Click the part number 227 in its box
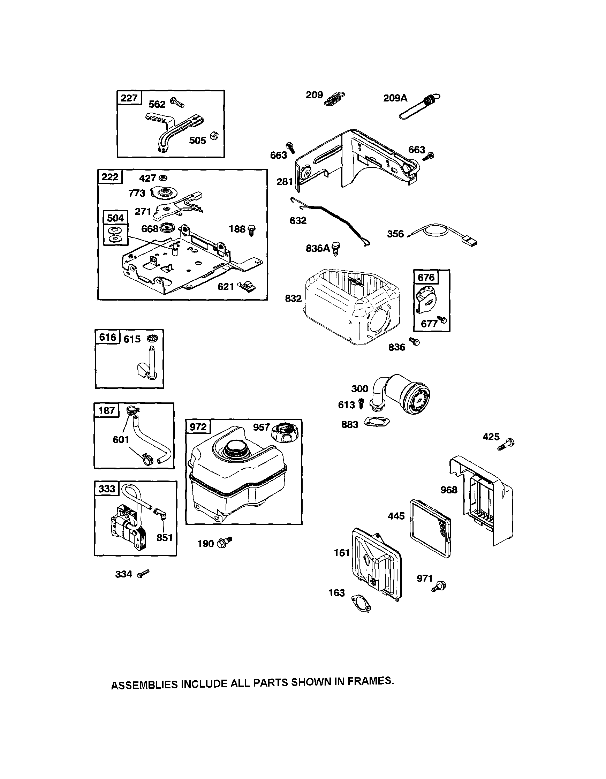pyautogui.click(x=129, y=98)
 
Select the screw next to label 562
pyautogui.click(x=177, y=103)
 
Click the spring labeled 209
pyautogui.click(x=334, y=98)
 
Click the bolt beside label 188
pyautogui.click(x=252, y=230)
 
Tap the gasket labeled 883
pyautogui.click(x=376, y=422)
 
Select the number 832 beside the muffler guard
pyautogui.click(x=293, y=298)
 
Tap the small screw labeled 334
pyautogui.click(x=143, y=573)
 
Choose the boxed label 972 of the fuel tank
pyautogui.click(x=198, y=427)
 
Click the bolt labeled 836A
pyautogui.click(x=336, y=249)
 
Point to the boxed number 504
pyautogui.click(x=115, y=218)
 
